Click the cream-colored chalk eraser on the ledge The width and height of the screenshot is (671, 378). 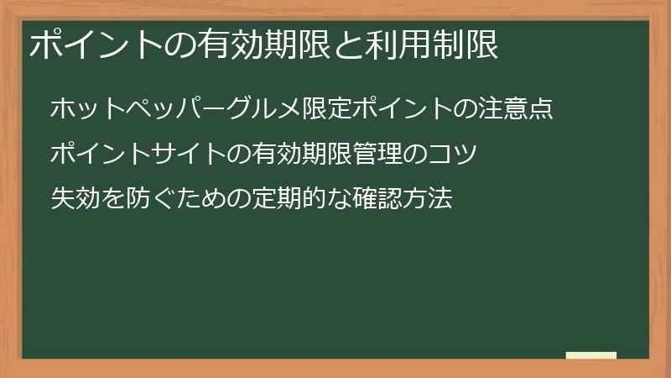point(591,356)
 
